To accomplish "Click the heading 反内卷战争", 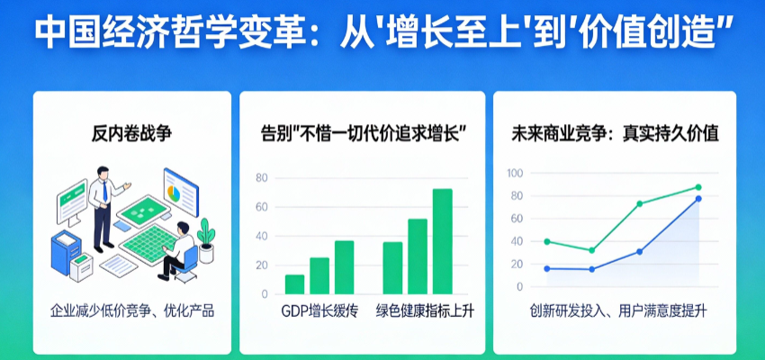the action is (131, 134).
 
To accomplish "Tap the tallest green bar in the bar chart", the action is (443, 241).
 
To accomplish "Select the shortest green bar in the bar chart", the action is (294, 284).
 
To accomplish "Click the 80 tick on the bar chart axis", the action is (262, 178).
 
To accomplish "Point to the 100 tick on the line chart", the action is (515, 173).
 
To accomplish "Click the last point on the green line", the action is (698, 187).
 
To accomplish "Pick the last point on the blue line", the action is (698, 199).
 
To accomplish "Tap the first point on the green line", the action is (547, 241).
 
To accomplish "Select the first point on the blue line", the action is (547, 268).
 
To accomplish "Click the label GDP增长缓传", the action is (319, 311).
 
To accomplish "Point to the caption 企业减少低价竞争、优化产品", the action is (132, 310).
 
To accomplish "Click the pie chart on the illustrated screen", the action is (173, 193).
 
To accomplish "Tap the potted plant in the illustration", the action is (206, 240).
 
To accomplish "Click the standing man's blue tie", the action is (105, 191).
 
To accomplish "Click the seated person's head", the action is (182, 228).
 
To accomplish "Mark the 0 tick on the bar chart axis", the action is (265, 294).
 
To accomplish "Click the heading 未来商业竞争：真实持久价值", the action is (615, 134).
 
